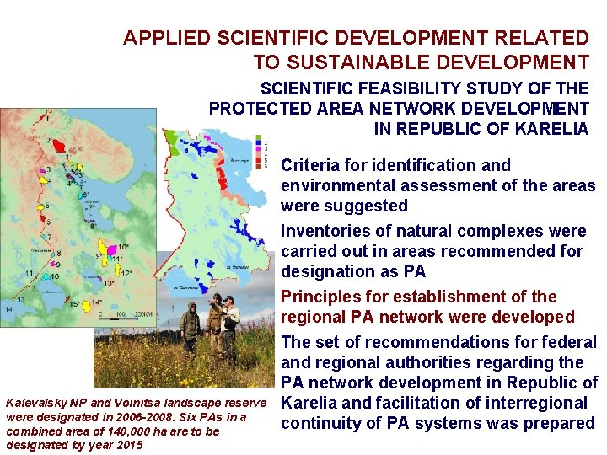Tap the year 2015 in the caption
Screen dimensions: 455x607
[126, 444]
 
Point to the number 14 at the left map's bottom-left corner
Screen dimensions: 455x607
[8, 310]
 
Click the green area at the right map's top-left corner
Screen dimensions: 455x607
[174, 140]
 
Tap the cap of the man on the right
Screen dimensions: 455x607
[229, 299]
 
